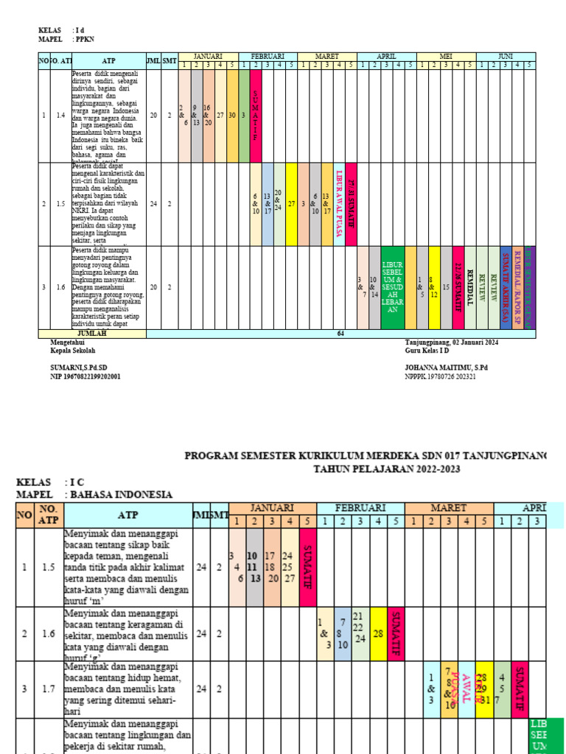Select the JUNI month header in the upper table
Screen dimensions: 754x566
(506, 56)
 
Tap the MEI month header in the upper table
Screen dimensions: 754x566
(446, 56)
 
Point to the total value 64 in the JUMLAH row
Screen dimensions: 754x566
(341, 334)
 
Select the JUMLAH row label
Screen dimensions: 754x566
(92, 334)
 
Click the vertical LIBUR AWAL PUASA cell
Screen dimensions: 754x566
(339, 204)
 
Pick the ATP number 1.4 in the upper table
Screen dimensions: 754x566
(60, 116)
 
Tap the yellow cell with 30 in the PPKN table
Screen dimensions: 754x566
(232, 116)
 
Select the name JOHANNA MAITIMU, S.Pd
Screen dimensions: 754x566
(446, 367)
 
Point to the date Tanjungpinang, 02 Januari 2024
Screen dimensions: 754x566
(452, 342)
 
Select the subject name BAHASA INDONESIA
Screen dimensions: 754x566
(119, 495)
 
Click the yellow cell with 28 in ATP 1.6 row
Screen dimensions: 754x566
(378, 633)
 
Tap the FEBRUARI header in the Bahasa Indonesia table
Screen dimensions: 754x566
(360, 508)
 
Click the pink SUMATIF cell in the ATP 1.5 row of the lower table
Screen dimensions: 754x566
(307, 567)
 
